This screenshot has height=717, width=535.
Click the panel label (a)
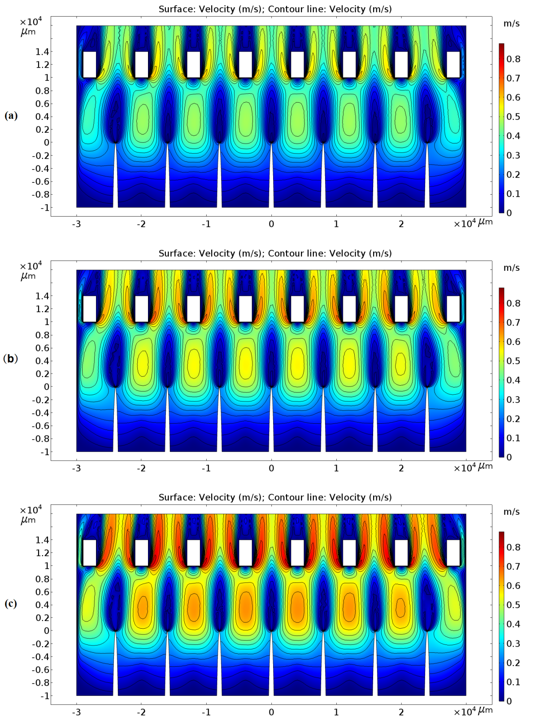coord(11,116)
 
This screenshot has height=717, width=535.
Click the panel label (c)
coord(11,603)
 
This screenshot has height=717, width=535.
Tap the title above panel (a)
coord(275,9)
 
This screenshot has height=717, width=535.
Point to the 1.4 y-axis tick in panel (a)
coord(42,52)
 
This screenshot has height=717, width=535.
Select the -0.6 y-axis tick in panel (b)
coord(40,426)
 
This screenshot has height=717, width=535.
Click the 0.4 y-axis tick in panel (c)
coord(42,604)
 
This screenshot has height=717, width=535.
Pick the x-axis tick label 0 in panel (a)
coord(271,224)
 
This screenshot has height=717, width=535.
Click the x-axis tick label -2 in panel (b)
coord(141,468)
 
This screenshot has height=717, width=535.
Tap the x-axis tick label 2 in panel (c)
coord(401,712)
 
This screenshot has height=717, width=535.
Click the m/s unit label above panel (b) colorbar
coord(511,268)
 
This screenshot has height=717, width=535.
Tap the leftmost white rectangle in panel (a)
coord(90,65)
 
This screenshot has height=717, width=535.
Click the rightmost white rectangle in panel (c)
coord(453,552)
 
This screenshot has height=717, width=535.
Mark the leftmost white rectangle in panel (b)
coord(90,309)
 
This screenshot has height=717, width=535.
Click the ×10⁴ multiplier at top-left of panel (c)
coord(31,510)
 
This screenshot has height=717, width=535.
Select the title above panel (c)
coord(275,497)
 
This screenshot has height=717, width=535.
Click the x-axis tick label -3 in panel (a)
coord(76,224)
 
